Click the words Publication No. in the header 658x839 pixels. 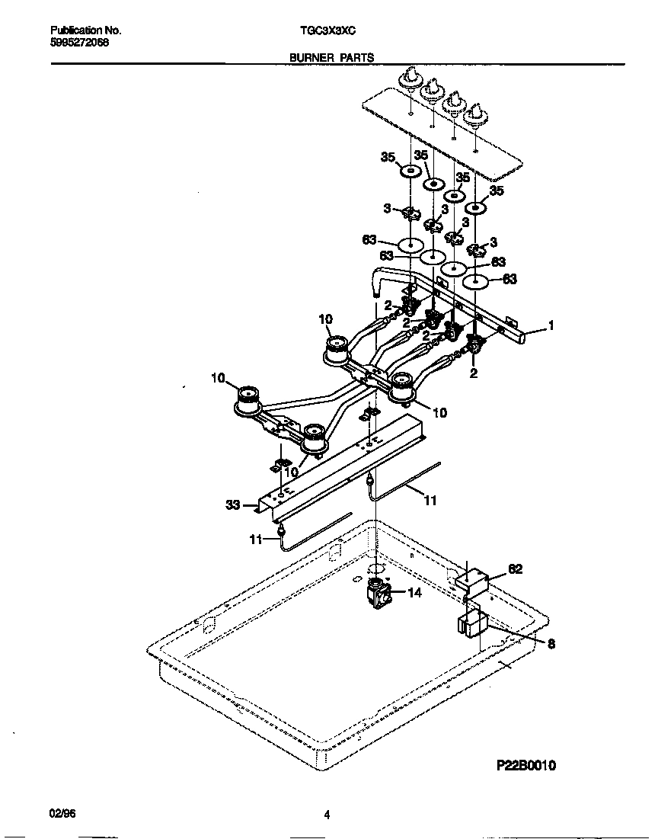coord(85,31)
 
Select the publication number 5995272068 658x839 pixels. coord(79,43)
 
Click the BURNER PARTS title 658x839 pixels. coord(331,57)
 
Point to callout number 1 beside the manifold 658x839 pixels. coord(551,325)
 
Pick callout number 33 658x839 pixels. coord(232,504)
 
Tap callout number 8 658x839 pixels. coord(551,644)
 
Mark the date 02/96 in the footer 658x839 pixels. coord(62,815)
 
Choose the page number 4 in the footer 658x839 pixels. coord(327,815)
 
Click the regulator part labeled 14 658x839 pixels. coord(377,592)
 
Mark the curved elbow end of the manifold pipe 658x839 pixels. coord(377,285)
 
